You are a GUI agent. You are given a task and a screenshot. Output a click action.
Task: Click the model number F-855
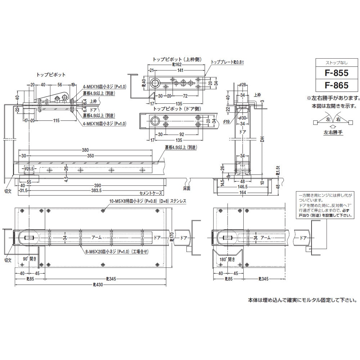[337, 73]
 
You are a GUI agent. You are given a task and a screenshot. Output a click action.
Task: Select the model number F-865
[337, 85]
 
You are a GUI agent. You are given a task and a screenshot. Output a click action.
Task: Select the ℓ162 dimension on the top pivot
[176, 66]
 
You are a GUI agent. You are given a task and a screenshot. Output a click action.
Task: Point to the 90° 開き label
[30, 259]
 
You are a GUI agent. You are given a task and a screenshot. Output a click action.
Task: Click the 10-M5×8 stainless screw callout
[148, 202]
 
